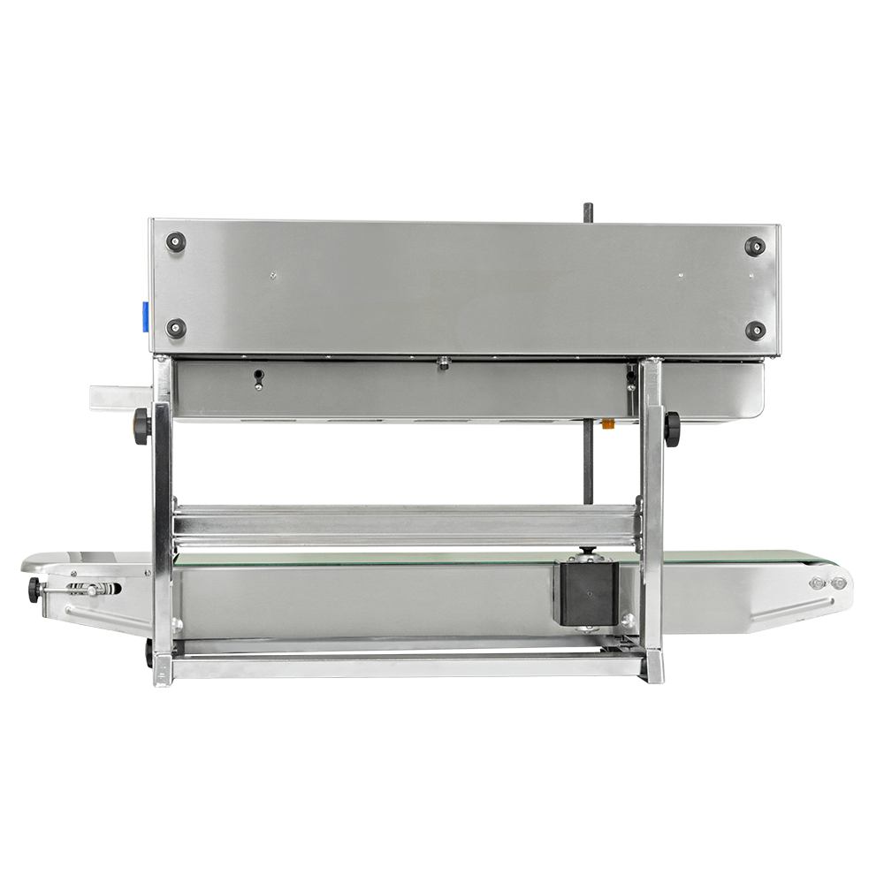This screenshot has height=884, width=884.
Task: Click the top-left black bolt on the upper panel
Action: [x=177, y=241]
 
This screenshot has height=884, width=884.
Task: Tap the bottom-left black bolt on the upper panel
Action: [x=177, y=328]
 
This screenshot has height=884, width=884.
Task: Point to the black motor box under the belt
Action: [x=585, y=593]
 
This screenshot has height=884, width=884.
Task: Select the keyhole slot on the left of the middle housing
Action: [x=258, y=377]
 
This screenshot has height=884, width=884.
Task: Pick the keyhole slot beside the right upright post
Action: [x=629, y=378]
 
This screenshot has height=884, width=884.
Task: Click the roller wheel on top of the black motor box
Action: [x=585, y=554]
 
